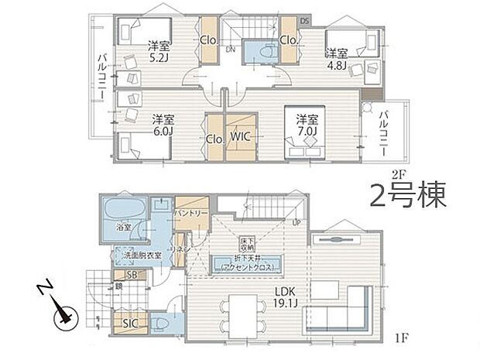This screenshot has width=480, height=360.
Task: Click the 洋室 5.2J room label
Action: click(x=159, y=50)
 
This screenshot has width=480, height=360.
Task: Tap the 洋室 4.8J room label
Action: click(x=336, y=60)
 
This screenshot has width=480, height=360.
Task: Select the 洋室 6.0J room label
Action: click(x=163, y=125)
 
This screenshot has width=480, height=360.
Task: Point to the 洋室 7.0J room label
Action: click(x=307, y=125)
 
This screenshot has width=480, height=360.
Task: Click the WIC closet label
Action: click(x=240, y=139)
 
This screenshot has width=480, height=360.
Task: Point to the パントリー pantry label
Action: click(x=190, y=211)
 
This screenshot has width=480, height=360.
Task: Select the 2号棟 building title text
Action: click(x=409, y=194)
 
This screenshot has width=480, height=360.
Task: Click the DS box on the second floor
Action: click(x=304, y=20)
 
